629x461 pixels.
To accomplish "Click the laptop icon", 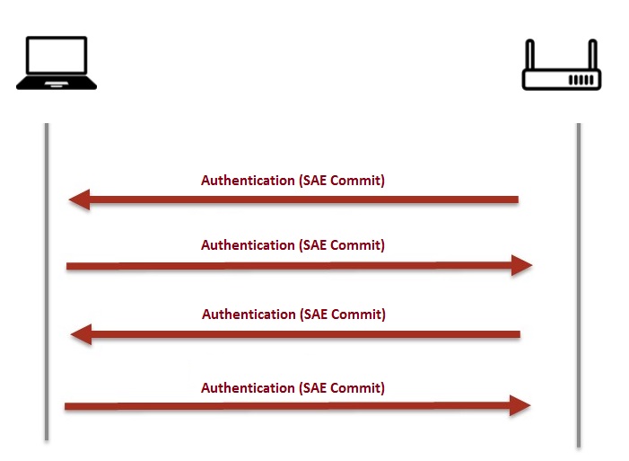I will tap(57, 63).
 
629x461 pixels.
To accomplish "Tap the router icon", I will tap(562, 66).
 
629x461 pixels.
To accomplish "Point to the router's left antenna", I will tap(529, 53).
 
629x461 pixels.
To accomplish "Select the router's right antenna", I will tap(593, 53).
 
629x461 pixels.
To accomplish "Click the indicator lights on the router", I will tap(581, 80).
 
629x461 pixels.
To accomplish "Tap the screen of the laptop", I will tap(57, 56).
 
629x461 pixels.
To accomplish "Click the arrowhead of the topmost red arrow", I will tap(80, 199).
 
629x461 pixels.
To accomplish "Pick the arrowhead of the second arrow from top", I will tap(522, 265).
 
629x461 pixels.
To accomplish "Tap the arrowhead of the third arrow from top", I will tap(82, 335).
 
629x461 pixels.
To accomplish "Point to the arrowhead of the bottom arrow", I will tap(520, 406).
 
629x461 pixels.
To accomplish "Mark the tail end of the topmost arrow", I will tap(515, 199).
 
